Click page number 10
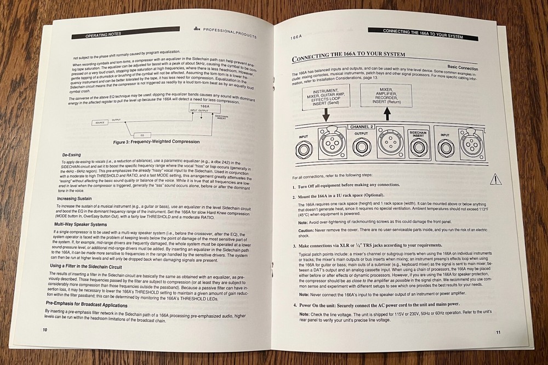click(x=45, y=330)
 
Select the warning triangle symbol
click(x=495, y=179)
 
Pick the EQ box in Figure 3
click(x=142, y=134)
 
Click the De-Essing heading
click(x=74, y=155)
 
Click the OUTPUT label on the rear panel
click(x=362, y=134)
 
